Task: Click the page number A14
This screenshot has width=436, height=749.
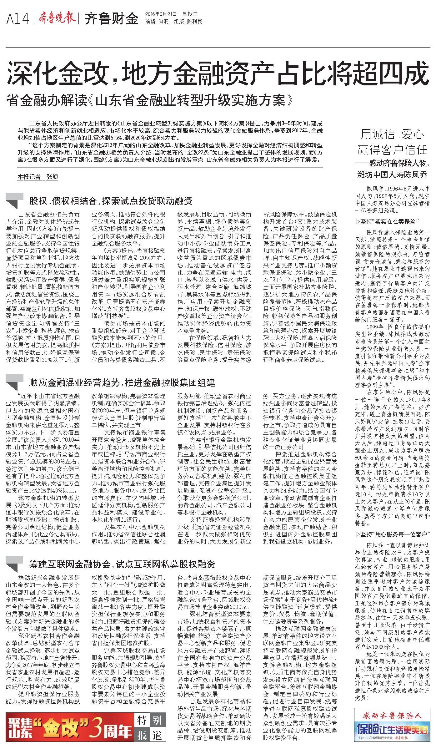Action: pos(18,19)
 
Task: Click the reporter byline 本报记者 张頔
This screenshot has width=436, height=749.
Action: pos(38,177)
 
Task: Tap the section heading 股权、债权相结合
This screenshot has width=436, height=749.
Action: pos(111,200)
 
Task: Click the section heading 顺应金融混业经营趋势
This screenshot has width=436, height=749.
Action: pos(122,382)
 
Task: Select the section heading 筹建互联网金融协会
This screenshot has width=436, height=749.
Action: pos(122,564)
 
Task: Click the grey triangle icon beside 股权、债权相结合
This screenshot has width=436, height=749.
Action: pos(14,200)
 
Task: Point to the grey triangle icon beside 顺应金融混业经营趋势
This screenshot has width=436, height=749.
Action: pos(14,382)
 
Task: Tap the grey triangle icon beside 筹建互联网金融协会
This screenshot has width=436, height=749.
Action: pos(14,564)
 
